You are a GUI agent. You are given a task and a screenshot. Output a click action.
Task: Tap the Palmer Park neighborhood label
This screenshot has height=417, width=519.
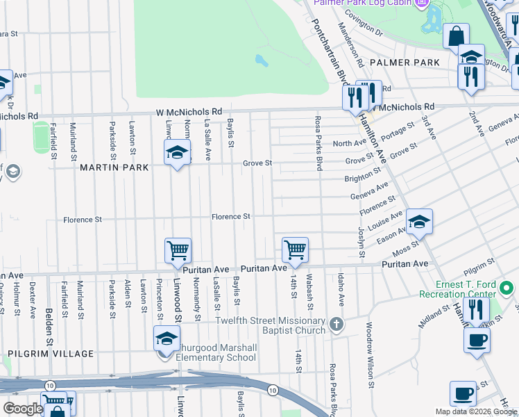click(x=405, y=63)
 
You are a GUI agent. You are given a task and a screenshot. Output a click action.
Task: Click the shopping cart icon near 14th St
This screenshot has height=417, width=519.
click(x=296, y=250)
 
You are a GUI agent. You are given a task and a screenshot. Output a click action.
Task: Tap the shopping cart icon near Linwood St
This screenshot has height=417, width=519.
click(x=178, y=250)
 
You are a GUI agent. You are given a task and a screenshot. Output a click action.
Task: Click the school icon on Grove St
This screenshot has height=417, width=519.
click(x=178, y=152)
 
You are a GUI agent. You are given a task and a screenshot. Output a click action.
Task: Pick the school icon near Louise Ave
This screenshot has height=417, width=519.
click(x=419, y=222)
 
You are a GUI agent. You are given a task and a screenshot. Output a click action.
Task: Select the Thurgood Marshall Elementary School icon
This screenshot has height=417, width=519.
click(x=166, y=340)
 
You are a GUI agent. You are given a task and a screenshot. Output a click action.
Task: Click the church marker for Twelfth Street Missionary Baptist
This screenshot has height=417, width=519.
click(x=337, y=325)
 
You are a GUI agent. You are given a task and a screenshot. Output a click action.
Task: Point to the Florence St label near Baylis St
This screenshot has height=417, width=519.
click(x=231, y=217)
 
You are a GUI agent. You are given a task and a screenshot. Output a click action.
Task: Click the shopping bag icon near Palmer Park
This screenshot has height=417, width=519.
click(x=457, y=36)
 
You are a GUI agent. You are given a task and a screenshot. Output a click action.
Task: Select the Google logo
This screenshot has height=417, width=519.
click(x=23, y=409)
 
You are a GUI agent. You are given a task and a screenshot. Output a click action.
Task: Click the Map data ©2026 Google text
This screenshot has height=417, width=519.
click(x=475, y=411)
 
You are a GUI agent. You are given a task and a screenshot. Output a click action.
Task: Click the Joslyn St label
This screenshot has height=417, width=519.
click(x=361, y=242)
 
